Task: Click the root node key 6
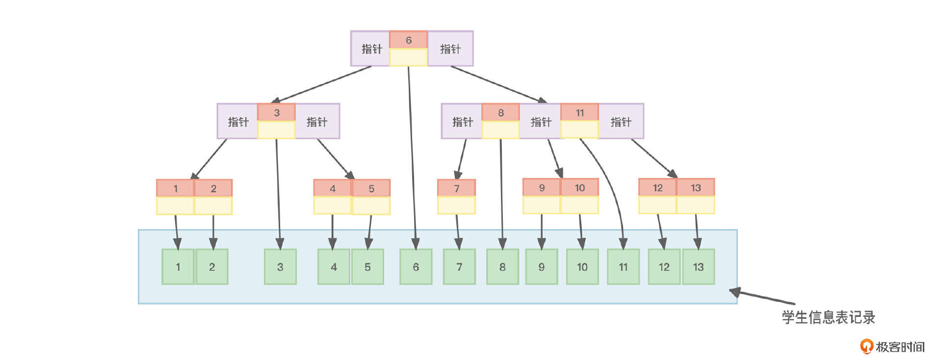pyautogui.click(x=408, y=40)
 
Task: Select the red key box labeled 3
pyautogui.click(x=276, y=113)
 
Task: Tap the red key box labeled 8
pyautogui.click(x=500, y=113)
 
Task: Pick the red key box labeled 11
pyautogui.click(x=579, y=113)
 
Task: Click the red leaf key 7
pyautogui.click(x=456, y=188)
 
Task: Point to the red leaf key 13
pyautogui.click(x=695, y=188)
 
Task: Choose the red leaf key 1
pyautogui.click(x=175, y=188)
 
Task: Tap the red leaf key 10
pyautogui.click(x=579, y=188)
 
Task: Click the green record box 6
pyautogui.click(x=416, y=267)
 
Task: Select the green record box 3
pyautogui.click(x=280, y=267)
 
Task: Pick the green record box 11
pyautogui.click(x=623, y=267)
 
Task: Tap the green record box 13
pyautogui.click(x=698, y=267)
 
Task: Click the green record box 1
pyautogui.click(x=178, y=267)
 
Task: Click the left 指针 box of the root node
pyautogui.click(x=370, y=49)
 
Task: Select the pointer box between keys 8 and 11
pyautogui.click(x=540, y=122)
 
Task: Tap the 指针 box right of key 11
pyautogui.click(x=621, y=122)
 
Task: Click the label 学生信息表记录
pyautogui.click(x=828, y=317)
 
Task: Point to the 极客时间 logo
pyautogui.click(x=892, y=347)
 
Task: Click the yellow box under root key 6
pyautogui.click(x=408, y=57)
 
